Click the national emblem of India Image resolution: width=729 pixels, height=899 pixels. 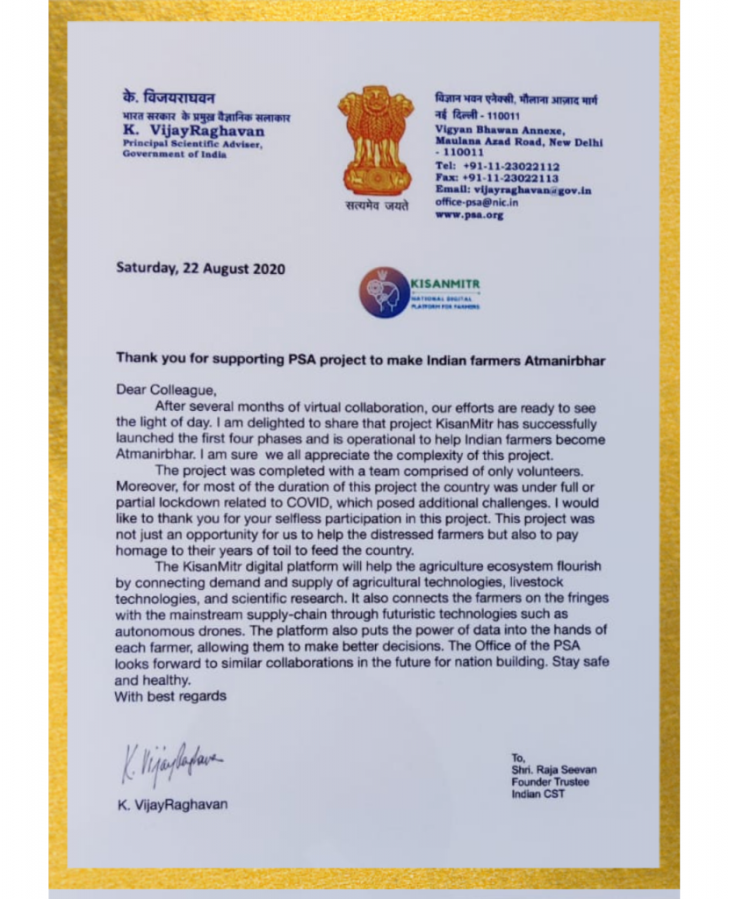(x=375, y=140)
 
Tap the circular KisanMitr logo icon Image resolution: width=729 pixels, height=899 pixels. (x=383, y=292)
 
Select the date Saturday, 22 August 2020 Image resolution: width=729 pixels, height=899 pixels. (x=200, y=270)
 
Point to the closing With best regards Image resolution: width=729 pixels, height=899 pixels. (x=170, y=696)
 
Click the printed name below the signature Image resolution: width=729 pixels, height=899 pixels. (x=172, y=804)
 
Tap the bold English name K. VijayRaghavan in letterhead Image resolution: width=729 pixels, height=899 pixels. (x=193, y=131)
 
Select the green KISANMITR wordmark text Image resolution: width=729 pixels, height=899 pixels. (x=445, y=284)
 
